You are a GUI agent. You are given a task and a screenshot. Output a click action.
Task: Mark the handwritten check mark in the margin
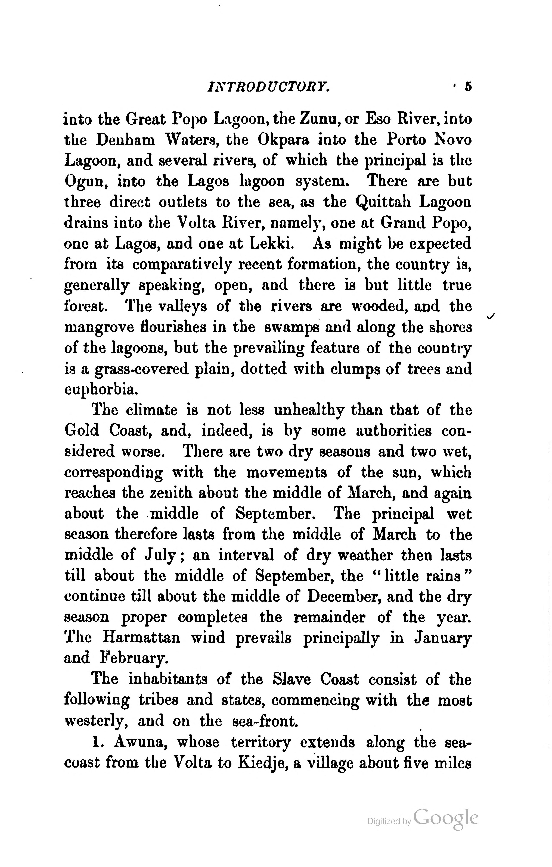490,316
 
